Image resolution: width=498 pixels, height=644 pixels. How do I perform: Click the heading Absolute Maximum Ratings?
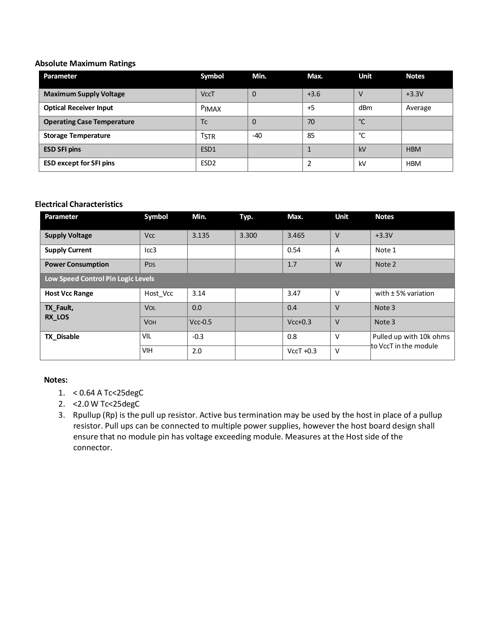[x=85, y=64]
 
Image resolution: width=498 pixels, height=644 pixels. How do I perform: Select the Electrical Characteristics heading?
[x=79, y=204]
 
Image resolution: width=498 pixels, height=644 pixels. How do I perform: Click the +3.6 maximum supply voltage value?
[x=313, y=94]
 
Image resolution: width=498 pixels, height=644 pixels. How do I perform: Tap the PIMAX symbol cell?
[x=211, y=109]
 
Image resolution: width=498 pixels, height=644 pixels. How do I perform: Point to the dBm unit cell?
[x=365, y=108]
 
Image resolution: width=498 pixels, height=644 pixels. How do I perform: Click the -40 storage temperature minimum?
[x=257, y=136]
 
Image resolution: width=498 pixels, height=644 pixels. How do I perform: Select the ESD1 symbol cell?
[x=208, y=150]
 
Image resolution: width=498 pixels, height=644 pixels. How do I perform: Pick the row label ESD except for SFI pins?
[x=79, y=163]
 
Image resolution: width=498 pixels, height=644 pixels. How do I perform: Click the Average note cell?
[x=418, y=108]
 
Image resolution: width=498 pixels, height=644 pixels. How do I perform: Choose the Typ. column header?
[x=246, y=217]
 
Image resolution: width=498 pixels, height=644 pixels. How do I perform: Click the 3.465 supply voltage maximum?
[x=296, y=235]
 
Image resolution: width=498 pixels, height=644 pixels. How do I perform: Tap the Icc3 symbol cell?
[x=150, y=250]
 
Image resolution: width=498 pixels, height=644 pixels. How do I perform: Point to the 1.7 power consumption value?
[x=292, y=265]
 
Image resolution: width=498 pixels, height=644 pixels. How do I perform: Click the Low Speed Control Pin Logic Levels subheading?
[x=99, y=279]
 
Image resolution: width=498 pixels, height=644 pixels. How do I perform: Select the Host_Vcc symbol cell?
[x=158, y=293]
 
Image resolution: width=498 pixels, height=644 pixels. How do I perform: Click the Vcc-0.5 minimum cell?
[x=201, y=322]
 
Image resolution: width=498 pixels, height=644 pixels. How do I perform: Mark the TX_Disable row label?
[x=62, y=337]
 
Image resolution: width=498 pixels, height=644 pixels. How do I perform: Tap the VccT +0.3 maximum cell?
[x=301, y=351]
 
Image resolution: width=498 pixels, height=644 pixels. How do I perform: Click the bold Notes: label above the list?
[x=56, y=380]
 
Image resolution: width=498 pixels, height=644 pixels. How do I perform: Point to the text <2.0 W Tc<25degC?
[x=106, y=404]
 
